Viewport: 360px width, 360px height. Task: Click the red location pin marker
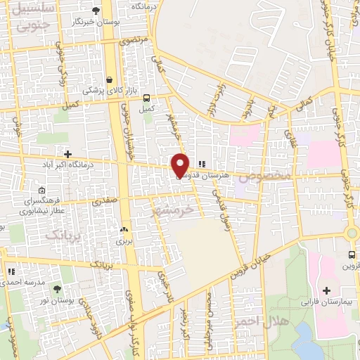pyautogui.click(x=180, y=165)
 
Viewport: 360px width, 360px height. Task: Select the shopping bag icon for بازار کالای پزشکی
pyautogui.click(x=109, y=79)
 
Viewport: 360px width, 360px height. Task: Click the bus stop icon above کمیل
pyautogui.click(x=146, y=98)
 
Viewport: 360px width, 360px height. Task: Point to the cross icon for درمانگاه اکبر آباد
pyautogui.click(x=67, y=153)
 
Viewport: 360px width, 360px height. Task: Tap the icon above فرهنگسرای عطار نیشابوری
pyautogui.click(x=42, y=191)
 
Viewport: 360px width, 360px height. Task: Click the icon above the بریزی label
pyautogui.click(x=124, y=230)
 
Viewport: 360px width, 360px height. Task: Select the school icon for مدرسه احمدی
pyautogui.click(x=11, y=271)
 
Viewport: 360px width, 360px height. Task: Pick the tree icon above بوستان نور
pyautogui.click(x=57, y=288)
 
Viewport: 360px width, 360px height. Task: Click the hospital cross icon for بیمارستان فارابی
pyautogui.click(x=326, y=290)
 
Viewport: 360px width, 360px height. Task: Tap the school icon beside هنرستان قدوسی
pyautogui.click(x=202, y=165)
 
